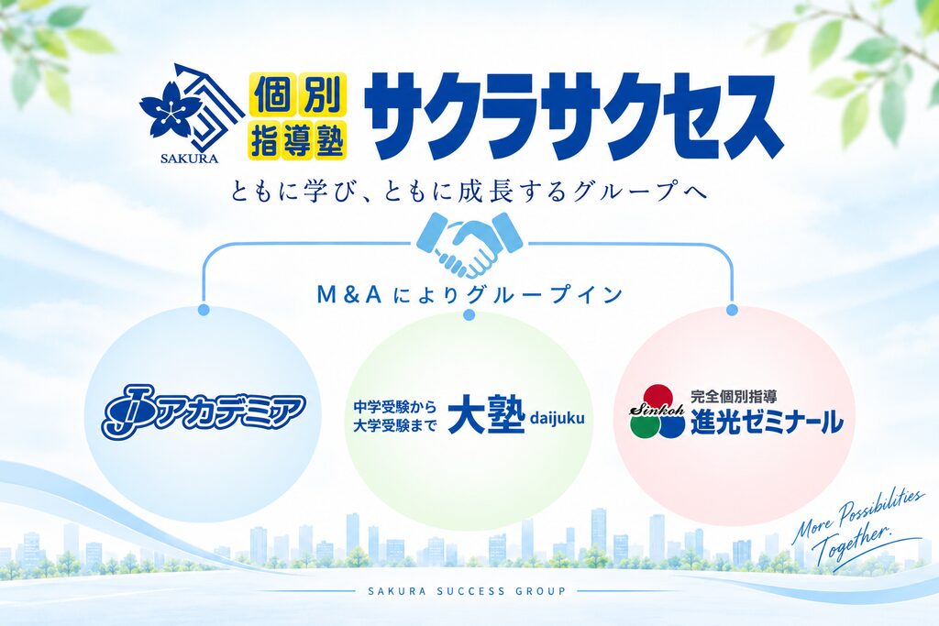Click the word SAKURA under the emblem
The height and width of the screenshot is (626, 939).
[x=189, y=159]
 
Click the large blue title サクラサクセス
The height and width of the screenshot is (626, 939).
[x=576, y=117]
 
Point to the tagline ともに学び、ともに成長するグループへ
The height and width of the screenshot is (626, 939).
[x=469, y=192]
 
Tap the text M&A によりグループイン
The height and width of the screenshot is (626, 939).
[x=469, y=294]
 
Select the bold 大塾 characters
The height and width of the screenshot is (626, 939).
[x=487, y=414]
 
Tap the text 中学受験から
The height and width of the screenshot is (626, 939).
[x=395, y=407]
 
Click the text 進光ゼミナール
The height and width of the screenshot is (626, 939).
[x=768, y=422]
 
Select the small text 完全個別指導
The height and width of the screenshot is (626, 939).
[x=734, y=396]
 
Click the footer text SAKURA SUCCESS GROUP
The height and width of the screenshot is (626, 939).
[x=467, y=591]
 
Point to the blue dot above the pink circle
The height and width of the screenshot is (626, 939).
[x=731, y=310]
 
